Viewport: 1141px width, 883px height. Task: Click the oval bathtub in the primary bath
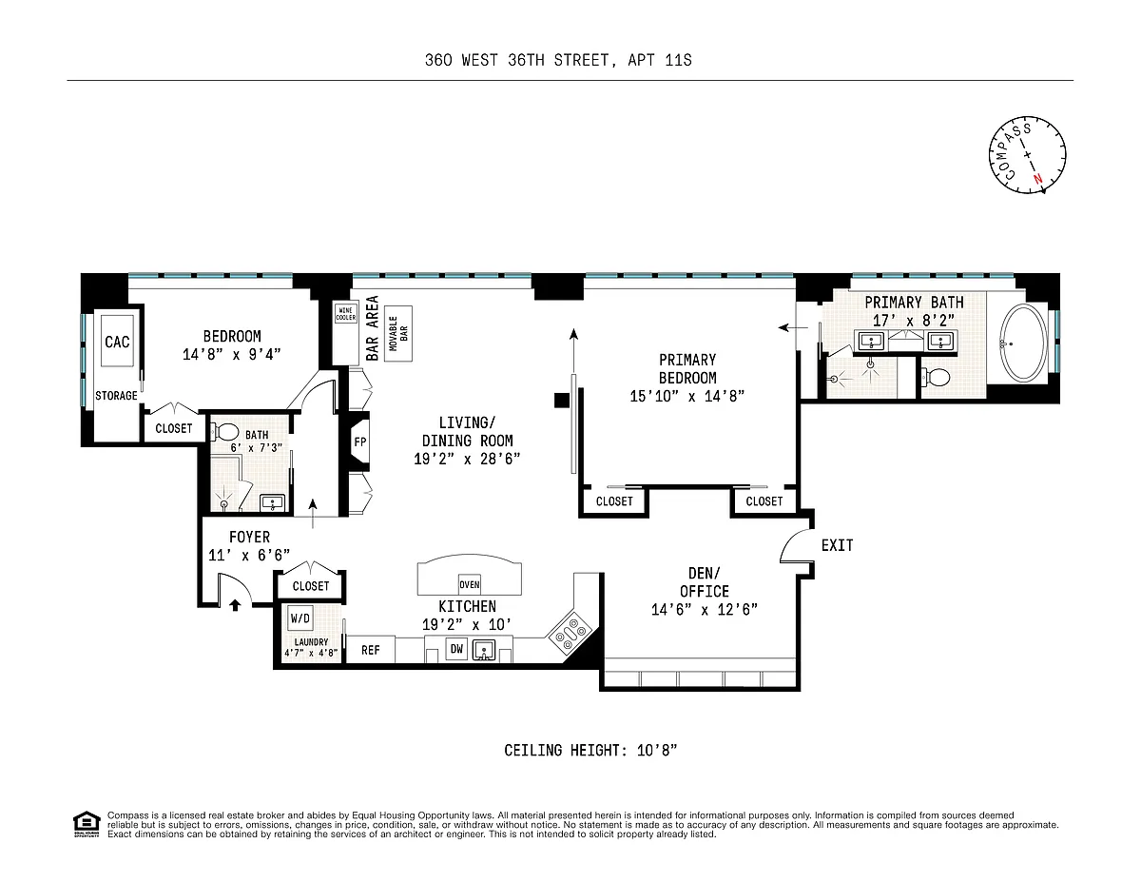1023,343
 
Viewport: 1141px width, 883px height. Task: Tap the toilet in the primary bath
937,377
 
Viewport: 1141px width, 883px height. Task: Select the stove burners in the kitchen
570,633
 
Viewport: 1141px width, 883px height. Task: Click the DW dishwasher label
456,649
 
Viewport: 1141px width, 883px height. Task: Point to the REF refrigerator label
370,650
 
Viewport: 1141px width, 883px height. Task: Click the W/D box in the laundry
300,618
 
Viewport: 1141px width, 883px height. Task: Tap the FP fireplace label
360,441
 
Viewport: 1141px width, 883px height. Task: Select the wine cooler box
345,314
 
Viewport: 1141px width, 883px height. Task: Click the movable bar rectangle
398,333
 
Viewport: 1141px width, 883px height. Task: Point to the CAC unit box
117,341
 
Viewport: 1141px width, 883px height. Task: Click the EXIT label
837,545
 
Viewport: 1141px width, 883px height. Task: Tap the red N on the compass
1037,179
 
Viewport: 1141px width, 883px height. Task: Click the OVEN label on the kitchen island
470,584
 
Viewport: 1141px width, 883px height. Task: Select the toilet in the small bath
225,432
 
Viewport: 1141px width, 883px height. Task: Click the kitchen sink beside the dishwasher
483,650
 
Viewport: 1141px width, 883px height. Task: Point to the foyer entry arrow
235,605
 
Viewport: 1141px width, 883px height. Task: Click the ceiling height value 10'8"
657,750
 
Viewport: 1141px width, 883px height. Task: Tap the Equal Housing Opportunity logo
87,824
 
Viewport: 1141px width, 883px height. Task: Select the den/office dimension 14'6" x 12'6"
705,609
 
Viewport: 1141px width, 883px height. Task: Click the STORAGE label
116,396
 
